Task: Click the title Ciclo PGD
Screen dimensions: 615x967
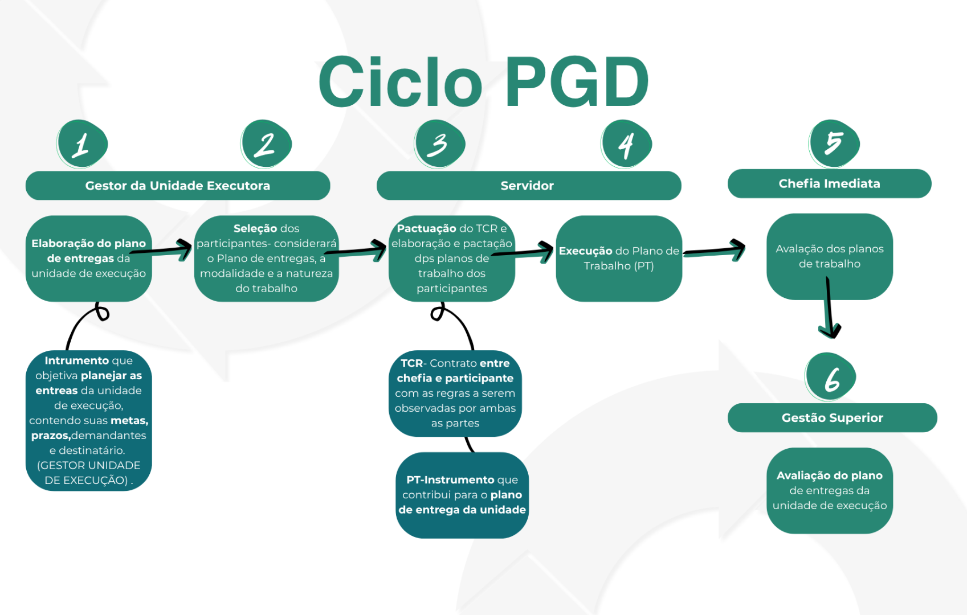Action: (x=483, y=83)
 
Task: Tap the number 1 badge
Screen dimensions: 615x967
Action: (x=82, y=144)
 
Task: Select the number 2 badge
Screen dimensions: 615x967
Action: (x=266, y=144)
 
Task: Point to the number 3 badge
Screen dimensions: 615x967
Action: (x=440, y=144)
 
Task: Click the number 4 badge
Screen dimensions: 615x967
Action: (x=626, y=144)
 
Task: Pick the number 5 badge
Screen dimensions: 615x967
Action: (x=834, y=143)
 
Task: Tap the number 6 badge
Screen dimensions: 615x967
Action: (x=831, y=377)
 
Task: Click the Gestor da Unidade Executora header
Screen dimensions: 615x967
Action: (x=178, y=186)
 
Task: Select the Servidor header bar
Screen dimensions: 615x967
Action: (x=528, y=186)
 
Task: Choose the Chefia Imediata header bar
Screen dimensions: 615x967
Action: (x=829, y=183)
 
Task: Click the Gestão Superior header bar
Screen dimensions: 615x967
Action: (x=832, y=417)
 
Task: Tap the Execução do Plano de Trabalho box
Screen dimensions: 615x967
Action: (x=619, y=259)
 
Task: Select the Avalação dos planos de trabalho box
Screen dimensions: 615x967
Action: (x=829, y=256)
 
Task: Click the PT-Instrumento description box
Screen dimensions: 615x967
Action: (x=462, y=495)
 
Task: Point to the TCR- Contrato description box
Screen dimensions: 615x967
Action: (x=455, y=393)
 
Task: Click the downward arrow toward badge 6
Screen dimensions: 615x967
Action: (x=830, y=307)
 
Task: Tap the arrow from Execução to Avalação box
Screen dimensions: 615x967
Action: (x=715, y=251)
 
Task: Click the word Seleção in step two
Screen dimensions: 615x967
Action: (x=254, y=228)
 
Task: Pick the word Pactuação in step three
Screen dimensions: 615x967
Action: (x=426, y=228)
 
